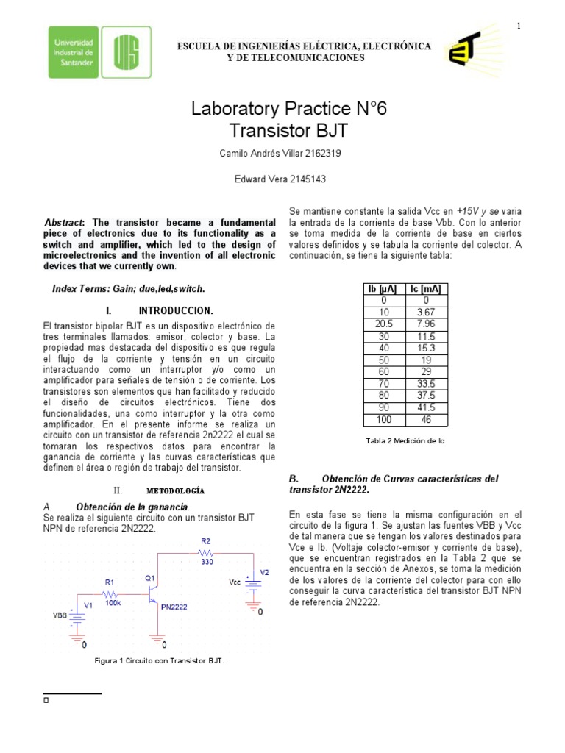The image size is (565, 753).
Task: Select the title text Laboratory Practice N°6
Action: pyautogui.click(x=288, y=110)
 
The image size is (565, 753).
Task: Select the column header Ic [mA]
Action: pyautogui.click(x=426, y=289)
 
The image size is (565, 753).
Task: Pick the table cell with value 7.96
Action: pyautogui.click(x=426, y=324)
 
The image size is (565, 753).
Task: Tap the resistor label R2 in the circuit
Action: pyautogui.click(x=206, y=540)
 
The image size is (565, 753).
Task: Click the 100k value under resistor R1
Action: pyautogui.click(x=112, y=602)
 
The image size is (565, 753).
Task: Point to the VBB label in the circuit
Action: pyautogui.click(x=59, y=615)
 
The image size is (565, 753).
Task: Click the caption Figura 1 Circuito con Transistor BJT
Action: pyautogui.click(x=160, y=660)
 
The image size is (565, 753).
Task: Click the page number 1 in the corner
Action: pyautogui.click(x=519, y=27)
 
